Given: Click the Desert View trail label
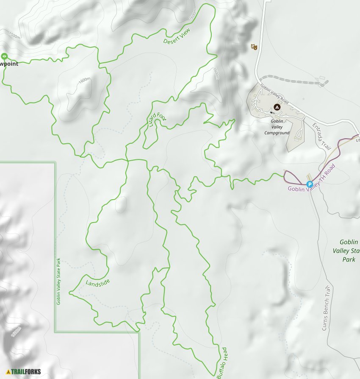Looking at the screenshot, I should point(177,36).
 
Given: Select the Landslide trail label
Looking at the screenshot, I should point(97,282).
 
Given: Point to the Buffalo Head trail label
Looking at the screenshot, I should point(222,363).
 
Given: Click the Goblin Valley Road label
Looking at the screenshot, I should point(274,95).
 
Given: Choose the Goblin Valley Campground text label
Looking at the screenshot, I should point(277,127).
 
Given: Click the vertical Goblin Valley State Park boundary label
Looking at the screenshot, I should point(58,281).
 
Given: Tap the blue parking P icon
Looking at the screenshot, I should point(310,184).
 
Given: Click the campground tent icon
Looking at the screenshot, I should point(277,108).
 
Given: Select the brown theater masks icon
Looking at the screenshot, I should point(254,47).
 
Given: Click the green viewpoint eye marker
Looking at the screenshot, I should point(4,56).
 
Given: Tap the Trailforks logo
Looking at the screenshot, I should point(23,372).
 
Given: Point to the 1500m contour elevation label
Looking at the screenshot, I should point(14,36).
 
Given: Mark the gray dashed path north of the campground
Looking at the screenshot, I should point(292,80).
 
